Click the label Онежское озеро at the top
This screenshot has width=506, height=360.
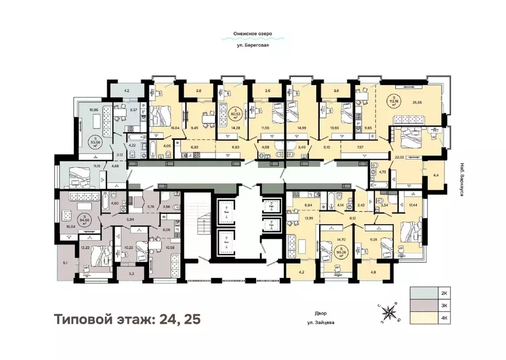click(x=253, y=34)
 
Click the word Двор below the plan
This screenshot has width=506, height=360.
click(x=321, y=313)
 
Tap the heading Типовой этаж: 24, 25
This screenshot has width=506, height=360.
click(x=128, y=319)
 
